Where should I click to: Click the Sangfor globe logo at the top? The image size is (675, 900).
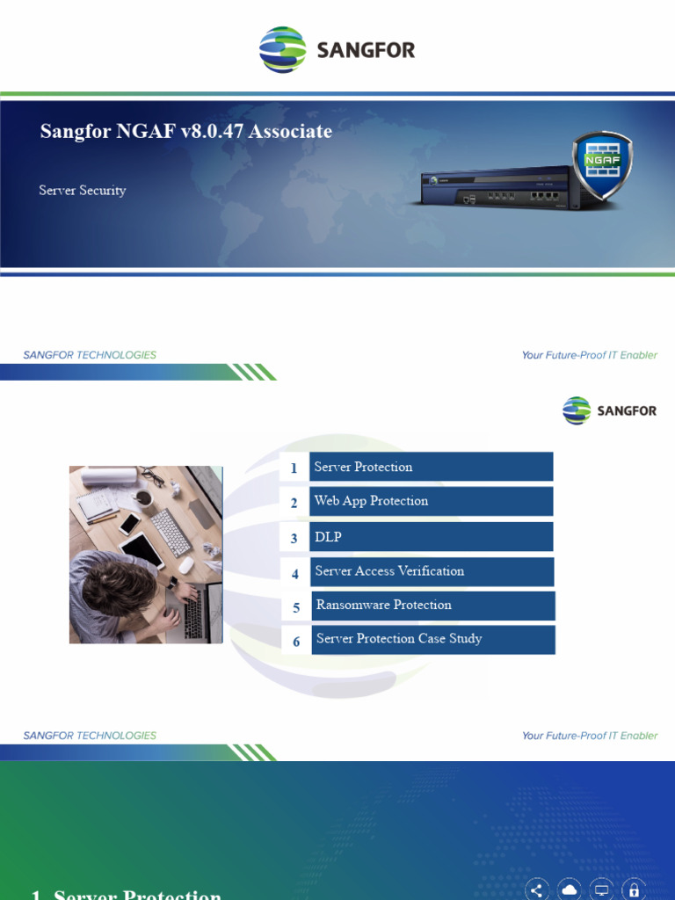coord(283,49)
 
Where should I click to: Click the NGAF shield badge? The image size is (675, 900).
coord(602,165)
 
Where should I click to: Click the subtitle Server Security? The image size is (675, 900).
coord(83,190)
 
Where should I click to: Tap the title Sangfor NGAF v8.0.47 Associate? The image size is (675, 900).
coord(186,132)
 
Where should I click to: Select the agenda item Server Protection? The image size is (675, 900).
coord(431,467)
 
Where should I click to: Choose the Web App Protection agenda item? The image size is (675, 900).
coord(431,501)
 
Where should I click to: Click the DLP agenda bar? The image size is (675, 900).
coord(431,537)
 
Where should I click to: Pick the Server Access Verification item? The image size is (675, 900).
coord(431,571)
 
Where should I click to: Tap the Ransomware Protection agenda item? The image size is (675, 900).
coord(431,606)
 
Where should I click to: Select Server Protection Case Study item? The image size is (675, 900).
coord(431,639)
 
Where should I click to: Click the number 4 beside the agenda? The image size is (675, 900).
coord(295,573)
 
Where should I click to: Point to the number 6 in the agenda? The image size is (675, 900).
coord(296,642)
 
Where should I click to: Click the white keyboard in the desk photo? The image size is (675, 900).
coord(170,532)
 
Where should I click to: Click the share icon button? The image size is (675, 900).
coord(536,889)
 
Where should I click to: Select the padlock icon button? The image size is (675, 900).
coord(634,889)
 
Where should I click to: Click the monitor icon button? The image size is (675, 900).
coord(601,889)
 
